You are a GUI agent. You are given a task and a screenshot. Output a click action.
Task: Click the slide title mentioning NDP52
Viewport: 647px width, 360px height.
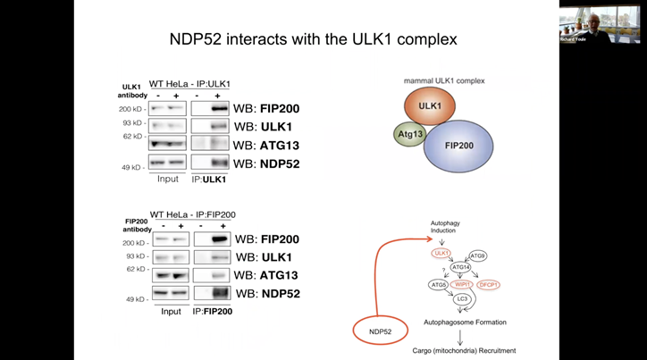tap(315, 40)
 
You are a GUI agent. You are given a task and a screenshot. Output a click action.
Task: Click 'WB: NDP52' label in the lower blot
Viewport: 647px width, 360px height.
tap(269, 294)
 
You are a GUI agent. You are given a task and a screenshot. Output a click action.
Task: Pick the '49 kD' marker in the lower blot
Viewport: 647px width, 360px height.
tap(135, 299)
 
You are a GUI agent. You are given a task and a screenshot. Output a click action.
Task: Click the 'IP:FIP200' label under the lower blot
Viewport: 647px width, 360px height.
tap(214, 312)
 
